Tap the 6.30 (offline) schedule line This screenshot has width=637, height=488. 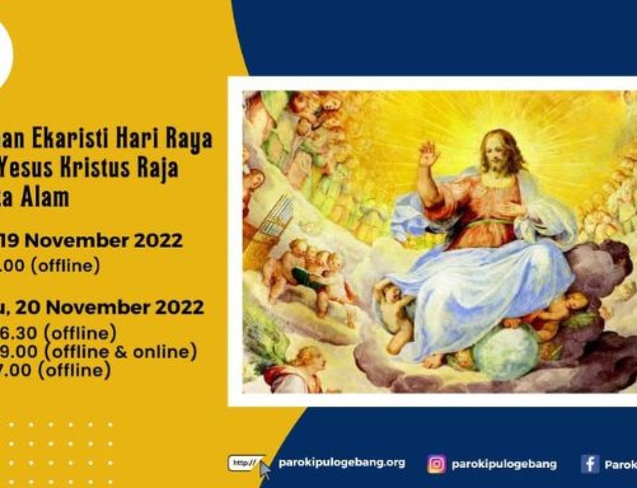[x=58, y=332]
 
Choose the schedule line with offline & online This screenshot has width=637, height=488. [x=98, y=351]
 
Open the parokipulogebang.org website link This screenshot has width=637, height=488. [x=341, y=463]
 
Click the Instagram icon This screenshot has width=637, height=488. [x=436, y=464]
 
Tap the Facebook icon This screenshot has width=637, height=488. [x=590, y=464]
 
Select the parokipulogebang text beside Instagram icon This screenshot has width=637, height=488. [x=503, y=464]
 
